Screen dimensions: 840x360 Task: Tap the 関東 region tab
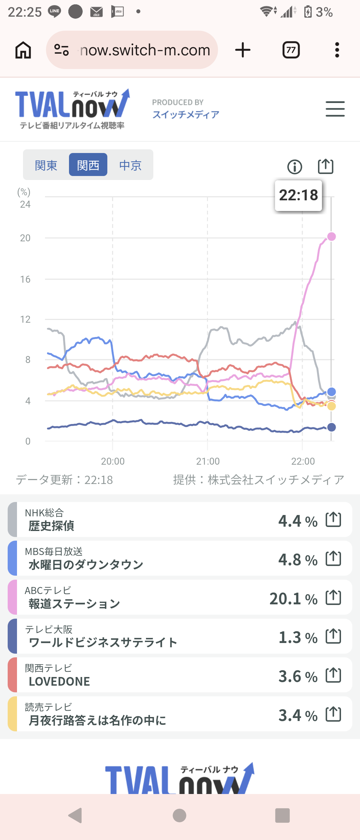coord(46,165)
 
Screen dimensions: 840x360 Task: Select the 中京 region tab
coord(130,165)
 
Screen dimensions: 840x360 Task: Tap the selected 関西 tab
coord(88,165)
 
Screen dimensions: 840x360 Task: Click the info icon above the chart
coord(295,167)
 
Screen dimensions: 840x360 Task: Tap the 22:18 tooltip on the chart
coord(298,195)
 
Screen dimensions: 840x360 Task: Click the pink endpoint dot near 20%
coord(331,237)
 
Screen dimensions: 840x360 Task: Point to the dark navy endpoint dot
coord(331,427)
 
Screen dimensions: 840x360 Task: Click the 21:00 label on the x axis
coord(208,461)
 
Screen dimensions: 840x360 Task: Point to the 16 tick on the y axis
coord(25,279)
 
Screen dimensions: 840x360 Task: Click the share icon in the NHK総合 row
coord(333,519)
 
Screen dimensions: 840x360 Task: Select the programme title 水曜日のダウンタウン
coord(86,565)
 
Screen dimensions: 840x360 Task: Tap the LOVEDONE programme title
coord(59,681)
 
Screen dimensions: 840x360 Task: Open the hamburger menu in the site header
coord(335,109)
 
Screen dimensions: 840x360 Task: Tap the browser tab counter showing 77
coord(291,50)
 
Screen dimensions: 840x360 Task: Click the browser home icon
coord(23,50)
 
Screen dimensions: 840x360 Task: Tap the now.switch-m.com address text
coord(145,50)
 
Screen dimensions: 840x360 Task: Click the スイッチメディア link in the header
coord(186,114)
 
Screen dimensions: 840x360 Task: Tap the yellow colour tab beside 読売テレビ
coord(12,714)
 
